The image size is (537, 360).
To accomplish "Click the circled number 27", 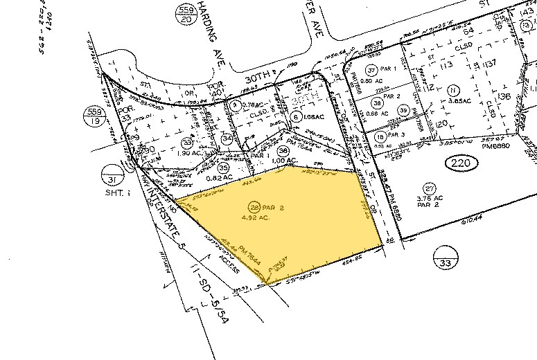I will [430, 189].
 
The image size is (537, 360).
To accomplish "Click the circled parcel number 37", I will [372, 70].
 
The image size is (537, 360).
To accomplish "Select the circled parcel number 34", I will [227, 138].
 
